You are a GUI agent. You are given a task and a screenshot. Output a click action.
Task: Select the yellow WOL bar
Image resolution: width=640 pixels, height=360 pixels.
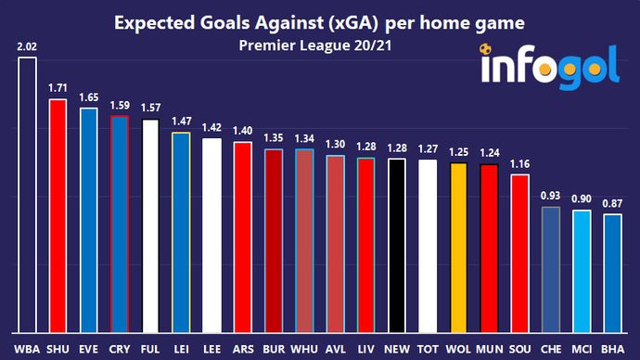point(457,247)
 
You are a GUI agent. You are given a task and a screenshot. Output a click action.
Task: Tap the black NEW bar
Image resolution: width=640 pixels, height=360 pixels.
point(396,245)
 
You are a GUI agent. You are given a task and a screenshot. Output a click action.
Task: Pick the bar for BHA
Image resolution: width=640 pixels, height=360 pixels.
point(611,273)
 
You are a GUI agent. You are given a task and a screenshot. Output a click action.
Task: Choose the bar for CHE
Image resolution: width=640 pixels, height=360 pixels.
point(550,269)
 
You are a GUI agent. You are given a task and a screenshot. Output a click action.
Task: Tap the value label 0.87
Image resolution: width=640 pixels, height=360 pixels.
point(611,204)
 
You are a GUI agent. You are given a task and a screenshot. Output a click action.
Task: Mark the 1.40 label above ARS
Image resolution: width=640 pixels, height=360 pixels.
point(242,132)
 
